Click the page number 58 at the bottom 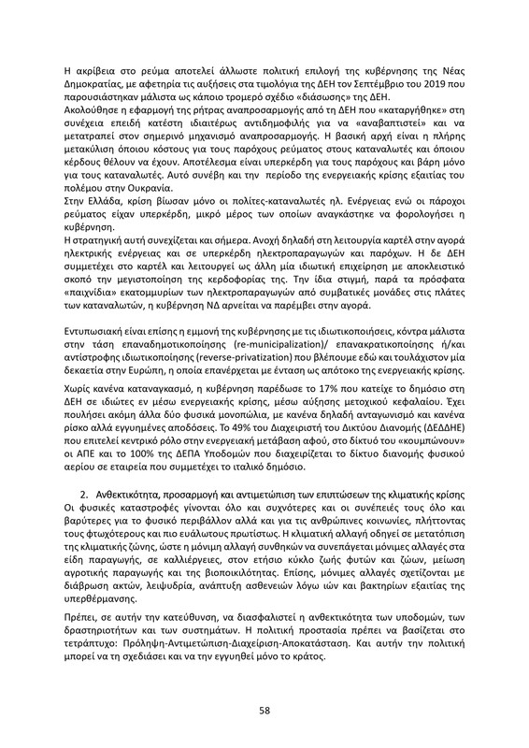[264, 711]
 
